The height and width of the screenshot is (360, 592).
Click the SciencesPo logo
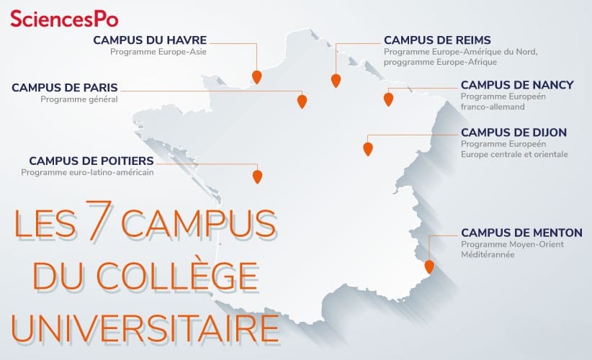(64, 17)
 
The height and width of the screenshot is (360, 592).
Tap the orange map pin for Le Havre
(256, 76)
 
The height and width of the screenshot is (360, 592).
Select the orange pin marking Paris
(302, 102)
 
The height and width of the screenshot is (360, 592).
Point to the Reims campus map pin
(335, 80)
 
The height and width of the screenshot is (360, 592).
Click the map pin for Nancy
(389, 99)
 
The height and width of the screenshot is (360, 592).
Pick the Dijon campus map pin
(368, 148)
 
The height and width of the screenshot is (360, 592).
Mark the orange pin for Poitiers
(257, 175)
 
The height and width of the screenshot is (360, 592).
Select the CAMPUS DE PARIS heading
(64, 88)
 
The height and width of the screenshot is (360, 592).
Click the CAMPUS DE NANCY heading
(517, 85)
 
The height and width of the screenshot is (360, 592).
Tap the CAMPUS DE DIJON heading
(513, 132)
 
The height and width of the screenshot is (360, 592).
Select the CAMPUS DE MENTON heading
(521, 233)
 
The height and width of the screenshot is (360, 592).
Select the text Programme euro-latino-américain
(87, 172)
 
